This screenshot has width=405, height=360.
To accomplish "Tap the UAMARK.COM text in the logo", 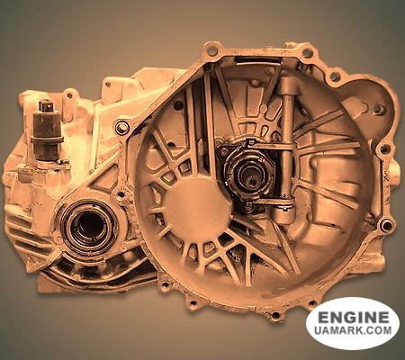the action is [x=353, y=330].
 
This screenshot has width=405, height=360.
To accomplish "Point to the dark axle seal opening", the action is [x=89, y=227].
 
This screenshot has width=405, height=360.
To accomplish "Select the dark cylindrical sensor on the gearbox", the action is [x=47, y=130].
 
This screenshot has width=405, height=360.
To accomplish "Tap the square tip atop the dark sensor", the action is [x=46, y=106].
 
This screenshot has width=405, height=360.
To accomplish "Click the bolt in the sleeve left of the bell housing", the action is [x=121, y=128].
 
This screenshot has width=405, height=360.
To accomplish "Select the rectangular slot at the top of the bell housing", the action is [x=258, y=61].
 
